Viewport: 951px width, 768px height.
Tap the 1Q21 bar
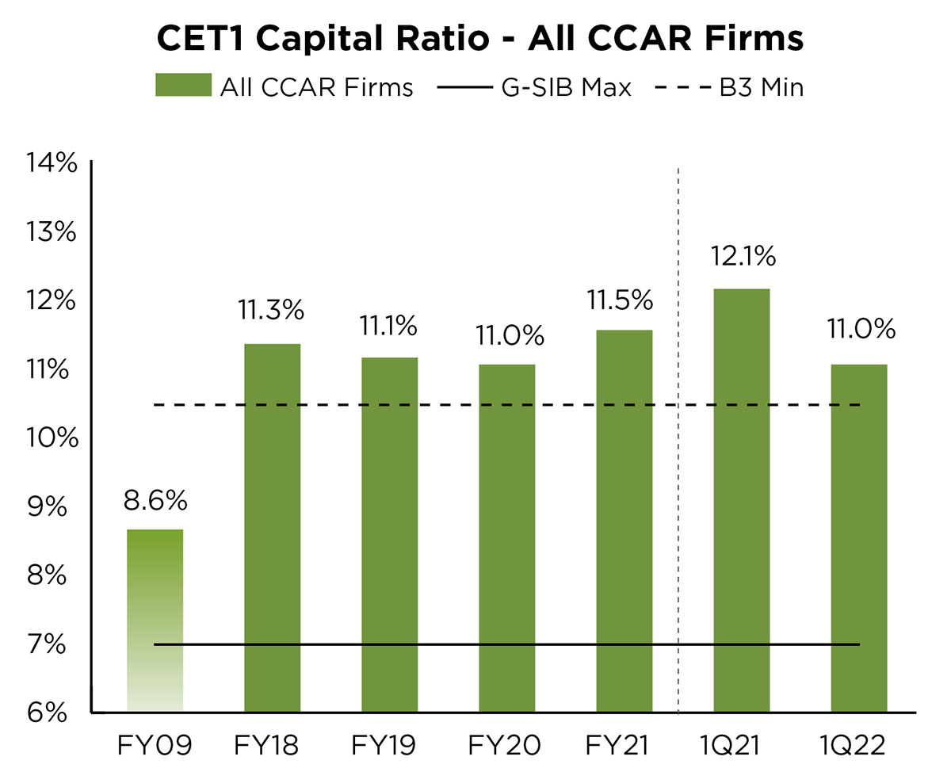[741, 499]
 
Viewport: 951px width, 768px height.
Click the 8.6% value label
[155, 501]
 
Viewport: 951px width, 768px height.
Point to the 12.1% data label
[742, 258]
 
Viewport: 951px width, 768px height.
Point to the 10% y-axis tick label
[52, 438]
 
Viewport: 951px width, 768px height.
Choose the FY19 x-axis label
[389, 745]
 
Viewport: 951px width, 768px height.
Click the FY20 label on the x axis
[506, 745]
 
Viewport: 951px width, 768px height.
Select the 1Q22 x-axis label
[858, 745]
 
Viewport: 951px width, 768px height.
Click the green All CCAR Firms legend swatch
[183, 86]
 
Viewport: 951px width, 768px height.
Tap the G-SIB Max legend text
[566, 86]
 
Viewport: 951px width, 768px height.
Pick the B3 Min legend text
[761, 86]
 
